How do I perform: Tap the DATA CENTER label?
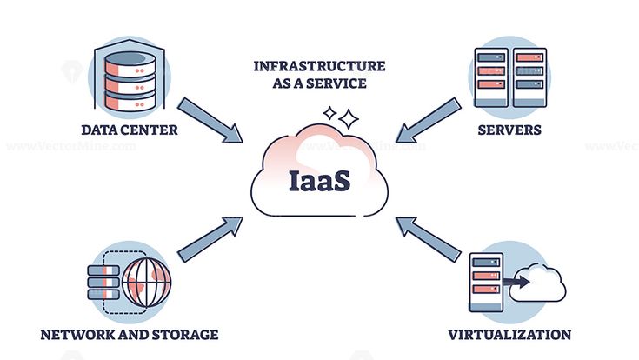(130, 131)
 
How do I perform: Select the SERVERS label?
(509, 131)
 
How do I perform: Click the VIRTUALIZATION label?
(509, 334)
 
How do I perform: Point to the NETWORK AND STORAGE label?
(129, 334)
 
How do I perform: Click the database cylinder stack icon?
(129, 77)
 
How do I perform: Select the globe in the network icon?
(146, 280)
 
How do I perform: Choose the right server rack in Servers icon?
(528, 77)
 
